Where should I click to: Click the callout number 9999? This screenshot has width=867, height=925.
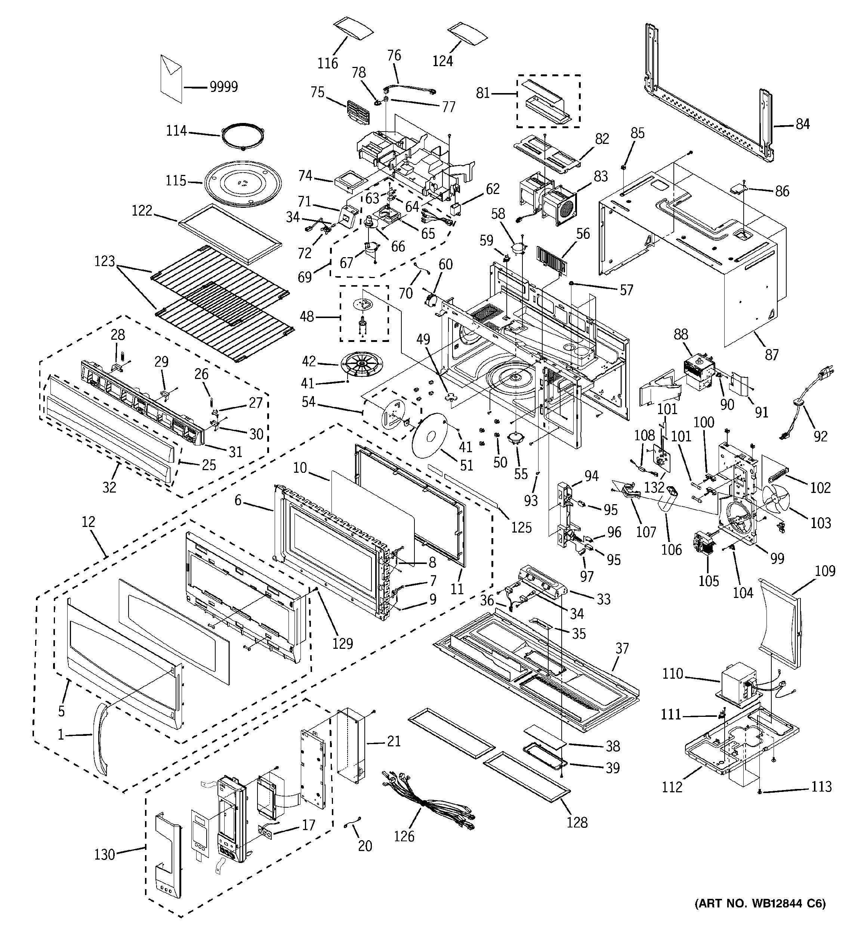tap(224, 87)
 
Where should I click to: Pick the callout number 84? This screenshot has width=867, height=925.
tap(803, 124)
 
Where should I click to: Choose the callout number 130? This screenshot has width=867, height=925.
tap(104, 854)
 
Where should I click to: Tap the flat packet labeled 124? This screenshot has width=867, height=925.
tap(467, 34)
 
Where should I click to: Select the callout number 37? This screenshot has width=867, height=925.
tap(622, 648)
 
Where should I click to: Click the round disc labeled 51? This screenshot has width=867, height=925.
tap(429, 435)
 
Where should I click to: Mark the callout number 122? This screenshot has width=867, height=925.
tap(142, 211)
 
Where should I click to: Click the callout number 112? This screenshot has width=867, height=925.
tap(672, 787)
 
